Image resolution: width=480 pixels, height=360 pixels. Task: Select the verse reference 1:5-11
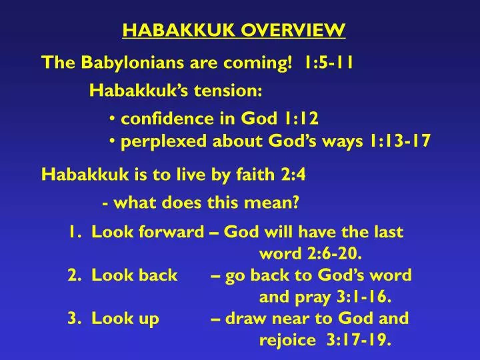pos(328,63)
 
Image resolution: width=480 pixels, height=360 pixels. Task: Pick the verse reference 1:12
pos(299,119)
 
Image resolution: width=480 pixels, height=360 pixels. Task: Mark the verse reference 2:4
pos(293,175)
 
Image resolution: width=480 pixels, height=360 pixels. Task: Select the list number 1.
pos(72,232)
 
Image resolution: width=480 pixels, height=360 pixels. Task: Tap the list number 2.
pos(73,275)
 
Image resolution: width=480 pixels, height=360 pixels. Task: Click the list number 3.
pos(73,319)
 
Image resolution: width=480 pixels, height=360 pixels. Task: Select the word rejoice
pos(287,341)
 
